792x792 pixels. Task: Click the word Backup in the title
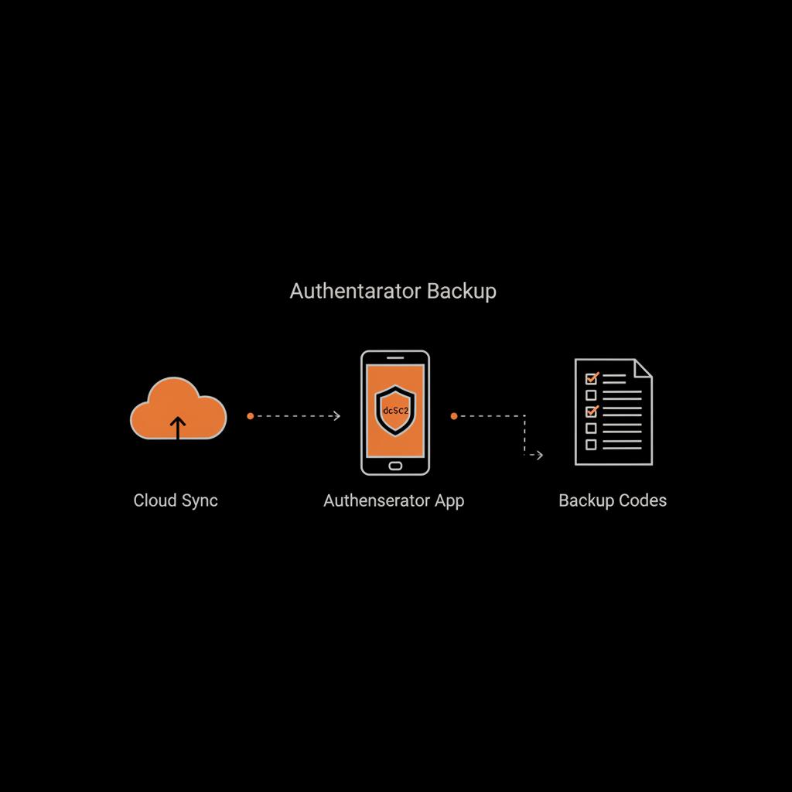pyautogui.click(x=462, y=292)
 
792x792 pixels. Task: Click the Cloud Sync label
pyautogui.click(x=176, y=500)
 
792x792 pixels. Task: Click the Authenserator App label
pyautogui.click(x=394, y=500)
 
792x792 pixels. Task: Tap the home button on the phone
pyautogui.click(x=395, y=466)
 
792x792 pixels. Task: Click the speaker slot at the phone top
pyautogui.click(x=395, y=358)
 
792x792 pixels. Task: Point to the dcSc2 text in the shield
pyautogui.click(x=395, y=411)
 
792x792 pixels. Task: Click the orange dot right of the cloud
pyautogui.click(x=250, y=416)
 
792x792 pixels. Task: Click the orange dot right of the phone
pyautogui.click(x=454, y=416)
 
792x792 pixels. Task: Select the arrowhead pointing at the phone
pyautogui.click(x=336, y=416)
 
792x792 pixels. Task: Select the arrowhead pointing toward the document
pyautogui.click(x=539, y=456)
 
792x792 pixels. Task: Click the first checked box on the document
pyautogui.click(x=592, y=378)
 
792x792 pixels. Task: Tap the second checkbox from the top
pyautogui.click(x=592, y=394)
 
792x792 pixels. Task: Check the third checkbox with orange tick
pyautogui.click(x=592, y=411)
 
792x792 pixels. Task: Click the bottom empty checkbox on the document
pyautogui.click(x=592, y=445)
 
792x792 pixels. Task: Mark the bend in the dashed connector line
pyautogui.click(x=525, y=416)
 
